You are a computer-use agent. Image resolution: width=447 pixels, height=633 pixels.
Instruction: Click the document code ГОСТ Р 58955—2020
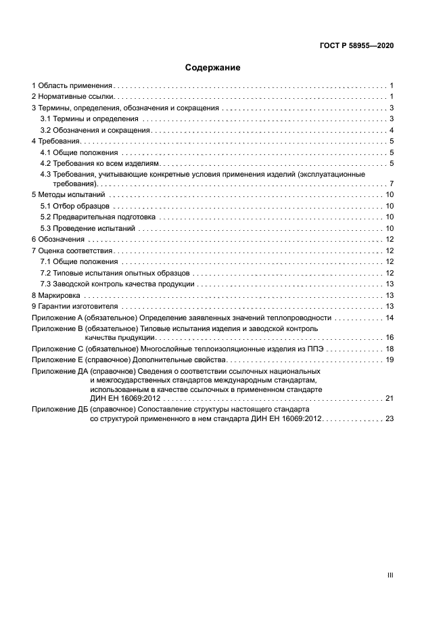tap(356, 45)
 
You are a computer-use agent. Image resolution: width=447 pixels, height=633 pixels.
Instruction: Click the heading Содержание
tap(213, 68)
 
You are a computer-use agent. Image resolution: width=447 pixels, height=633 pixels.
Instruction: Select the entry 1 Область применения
tap(72, 86)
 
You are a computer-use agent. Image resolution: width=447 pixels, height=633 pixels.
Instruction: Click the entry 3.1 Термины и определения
tap(80, 119)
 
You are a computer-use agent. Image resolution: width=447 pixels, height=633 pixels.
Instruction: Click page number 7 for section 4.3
tap(392, 184)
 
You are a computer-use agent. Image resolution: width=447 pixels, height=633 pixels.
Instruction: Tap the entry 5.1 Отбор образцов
tap(72, 206)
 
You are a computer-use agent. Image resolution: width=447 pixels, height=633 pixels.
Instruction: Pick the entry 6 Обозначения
tap(58, 240)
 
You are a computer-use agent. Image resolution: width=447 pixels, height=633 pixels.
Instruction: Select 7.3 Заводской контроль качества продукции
tap(117, 284)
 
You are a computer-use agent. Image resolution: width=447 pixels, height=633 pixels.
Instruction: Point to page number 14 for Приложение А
tap(390, 318)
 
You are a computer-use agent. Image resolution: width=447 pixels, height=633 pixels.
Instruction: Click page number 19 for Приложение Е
tap(390, 359)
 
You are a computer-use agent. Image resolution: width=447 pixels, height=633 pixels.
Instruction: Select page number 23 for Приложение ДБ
tap(390, 419)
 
